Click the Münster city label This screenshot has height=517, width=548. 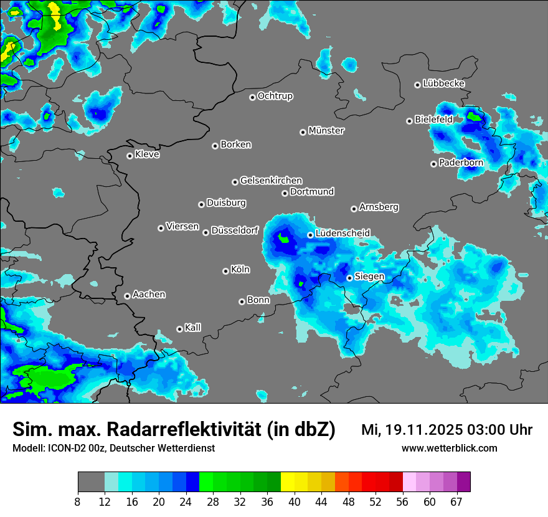pyautogui.click(x=326, y=131)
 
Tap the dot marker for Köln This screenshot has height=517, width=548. pyautogui.click(x=225, y=271)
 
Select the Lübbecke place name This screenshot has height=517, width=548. pyautogui.click(x=443, y=83)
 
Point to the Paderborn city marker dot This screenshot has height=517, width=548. pyautogui.click(x=433, y=164)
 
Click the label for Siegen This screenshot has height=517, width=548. pyautogui.click(x=369, y=277)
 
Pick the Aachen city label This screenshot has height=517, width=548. pyautogui.click(x=149, y=295)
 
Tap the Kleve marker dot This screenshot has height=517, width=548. pyautogui.click(x=130, y=156)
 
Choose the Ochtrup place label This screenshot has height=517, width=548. pyautogui.click(x=275, y=96)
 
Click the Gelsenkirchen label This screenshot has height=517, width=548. pyautogui.click(x=271, y=181)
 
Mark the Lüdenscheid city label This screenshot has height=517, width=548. pyautogui.click(x=342, y=234)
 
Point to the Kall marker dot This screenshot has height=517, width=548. pyautogui.click(x=179, y=329)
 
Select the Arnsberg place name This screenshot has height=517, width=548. pyautogui.click(x=379, y=207)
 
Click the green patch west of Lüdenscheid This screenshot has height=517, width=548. pyautogui.click(x=284, y=237)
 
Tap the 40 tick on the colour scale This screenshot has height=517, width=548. pyautogui.click(x=294, y=502)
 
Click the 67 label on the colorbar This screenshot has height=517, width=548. pyautogui.click(x=456, y=502)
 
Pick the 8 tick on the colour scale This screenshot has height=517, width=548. pyautogui.click(x=77, y=502)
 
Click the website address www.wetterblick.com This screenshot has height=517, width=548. pyautogui.click(x=449, y=448)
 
